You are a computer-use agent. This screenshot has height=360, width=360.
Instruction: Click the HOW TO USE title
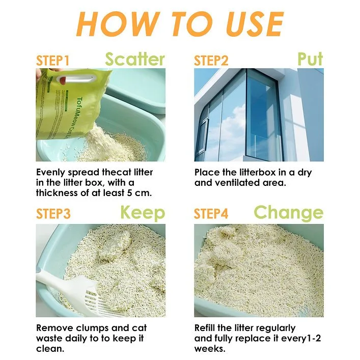click(180, 24)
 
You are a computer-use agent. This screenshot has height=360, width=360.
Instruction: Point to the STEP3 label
click(53, 214)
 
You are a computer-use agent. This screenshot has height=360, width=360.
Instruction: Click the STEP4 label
click(211, 214)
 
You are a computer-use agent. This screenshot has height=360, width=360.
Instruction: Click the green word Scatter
click(135, 60)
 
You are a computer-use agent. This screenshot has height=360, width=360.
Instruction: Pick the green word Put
click(310, 59)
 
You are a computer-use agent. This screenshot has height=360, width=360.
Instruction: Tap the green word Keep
click(143, 212)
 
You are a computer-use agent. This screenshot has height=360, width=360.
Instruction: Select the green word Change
click(288, 212)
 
